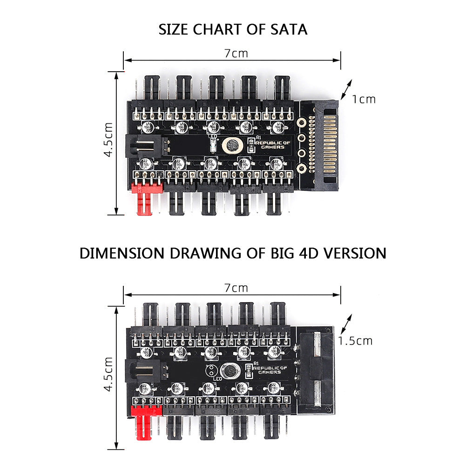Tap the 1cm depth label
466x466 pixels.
[363, 99]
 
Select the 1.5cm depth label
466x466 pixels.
[355, 341]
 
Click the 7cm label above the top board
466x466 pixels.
[236, 53]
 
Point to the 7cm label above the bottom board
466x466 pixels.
[236, 288]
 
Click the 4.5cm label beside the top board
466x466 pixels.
[108, 140]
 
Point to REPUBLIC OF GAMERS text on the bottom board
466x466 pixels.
[269, 369]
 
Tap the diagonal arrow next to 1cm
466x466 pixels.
[346, 89]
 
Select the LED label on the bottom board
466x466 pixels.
[216, 378]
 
